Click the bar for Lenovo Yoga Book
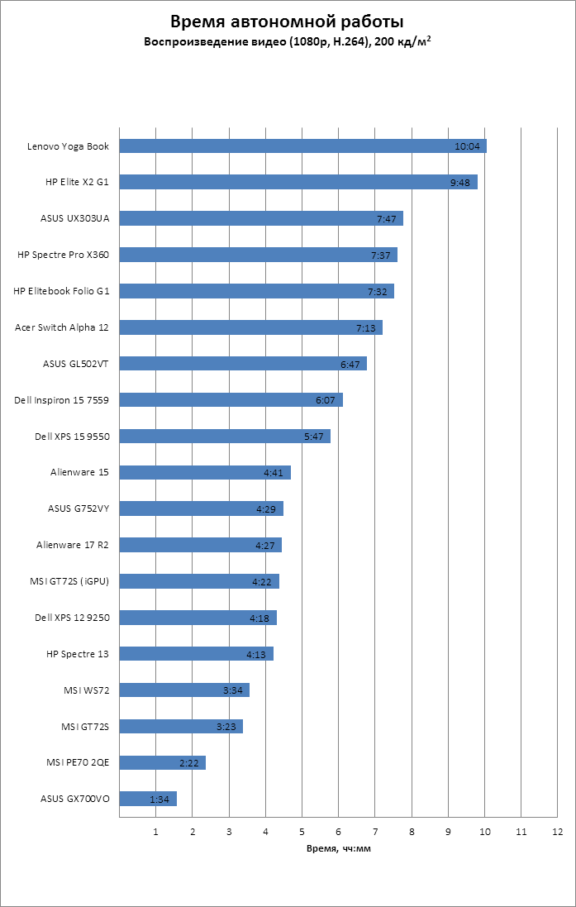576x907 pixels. (302, 146)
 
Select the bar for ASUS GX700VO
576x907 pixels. (148, 799)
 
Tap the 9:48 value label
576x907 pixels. (460, 183)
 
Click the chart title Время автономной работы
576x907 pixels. (288, 21)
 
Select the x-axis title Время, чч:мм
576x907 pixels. (339, 847)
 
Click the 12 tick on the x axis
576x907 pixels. (558, 831)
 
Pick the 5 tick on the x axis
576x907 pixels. (302, 831)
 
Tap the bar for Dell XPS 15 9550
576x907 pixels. (225, 437)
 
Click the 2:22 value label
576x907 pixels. (188, 763)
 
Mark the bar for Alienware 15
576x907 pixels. (205, 473)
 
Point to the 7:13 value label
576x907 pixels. (366, 328)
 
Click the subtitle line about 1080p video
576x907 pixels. (288, 41)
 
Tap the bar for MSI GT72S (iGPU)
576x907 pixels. (199, 581)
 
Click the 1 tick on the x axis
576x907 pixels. (156, 831)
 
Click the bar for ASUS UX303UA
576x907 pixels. (261, 219)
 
